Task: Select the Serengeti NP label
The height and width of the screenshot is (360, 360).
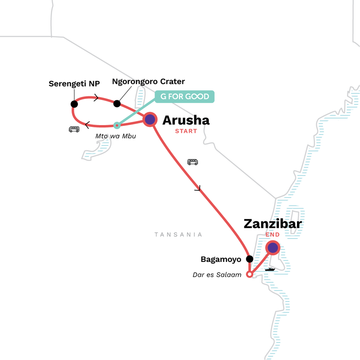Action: [74, 83]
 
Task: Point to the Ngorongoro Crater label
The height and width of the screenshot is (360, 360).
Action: [148, 81]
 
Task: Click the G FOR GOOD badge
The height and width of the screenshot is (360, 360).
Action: [184, 97]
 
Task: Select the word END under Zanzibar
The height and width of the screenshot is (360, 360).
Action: [273, 234]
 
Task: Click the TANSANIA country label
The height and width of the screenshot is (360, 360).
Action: [178, 234]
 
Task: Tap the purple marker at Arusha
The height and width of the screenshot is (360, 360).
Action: [150, 119]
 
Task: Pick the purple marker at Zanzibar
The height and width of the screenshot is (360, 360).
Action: [273, 247]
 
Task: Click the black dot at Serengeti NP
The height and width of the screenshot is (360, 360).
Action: [74, 104]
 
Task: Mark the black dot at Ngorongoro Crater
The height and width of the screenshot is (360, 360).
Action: [117, 103]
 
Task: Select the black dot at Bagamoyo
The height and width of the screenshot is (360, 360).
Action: [249, 259]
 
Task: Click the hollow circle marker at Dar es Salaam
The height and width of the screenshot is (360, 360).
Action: [250, 274]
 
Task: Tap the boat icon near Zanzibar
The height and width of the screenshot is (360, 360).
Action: [270, 269]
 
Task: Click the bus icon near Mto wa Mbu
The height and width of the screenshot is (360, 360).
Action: [74, 129]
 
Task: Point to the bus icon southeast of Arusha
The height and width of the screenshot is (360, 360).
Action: [193, 162]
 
